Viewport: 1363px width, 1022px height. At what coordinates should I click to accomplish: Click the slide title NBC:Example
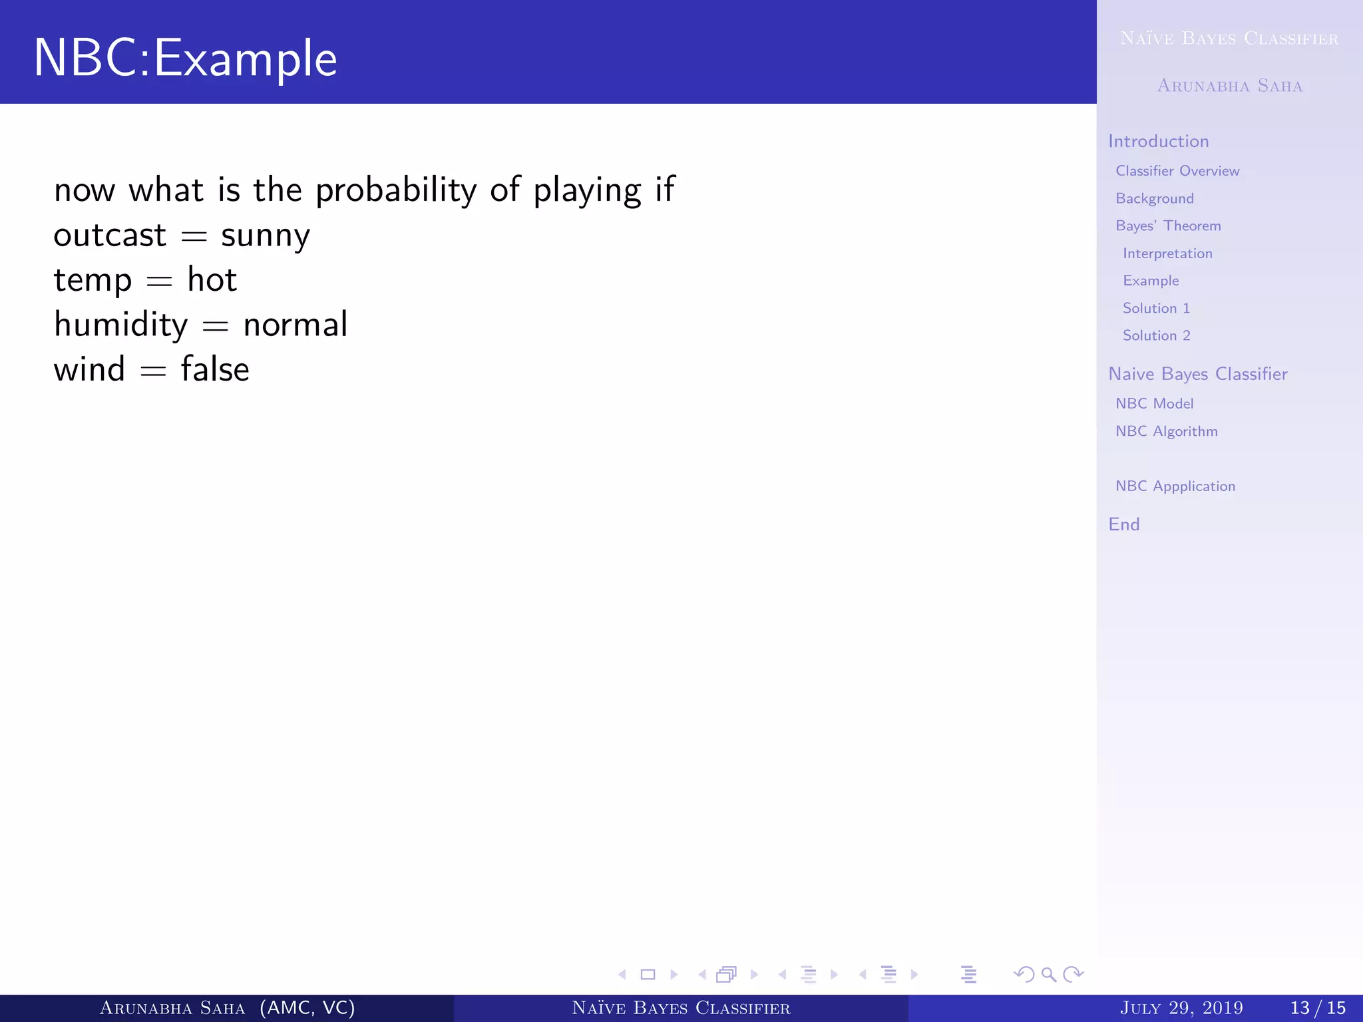coord(185,59)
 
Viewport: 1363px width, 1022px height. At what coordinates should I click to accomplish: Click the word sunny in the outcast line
coord(265,236)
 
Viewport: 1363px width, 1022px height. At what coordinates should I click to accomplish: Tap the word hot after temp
coord(212,279)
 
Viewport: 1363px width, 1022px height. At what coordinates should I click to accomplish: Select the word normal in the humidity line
coord(295,325)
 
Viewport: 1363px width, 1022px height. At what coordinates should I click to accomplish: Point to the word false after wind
coord(215,369)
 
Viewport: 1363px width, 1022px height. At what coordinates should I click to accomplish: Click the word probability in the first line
coord(396,191)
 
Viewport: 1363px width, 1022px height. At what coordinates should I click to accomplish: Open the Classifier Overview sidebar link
coord(1177,171)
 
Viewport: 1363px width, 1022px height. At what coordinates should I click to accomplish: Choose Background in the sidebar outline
coord(1154,199)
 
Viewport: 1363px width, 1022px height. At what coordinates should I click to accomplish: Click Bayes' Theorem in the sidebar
coord(1167,226)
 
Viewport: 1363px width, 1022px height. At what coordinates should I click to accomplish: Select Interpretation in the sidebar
coord(1167,254)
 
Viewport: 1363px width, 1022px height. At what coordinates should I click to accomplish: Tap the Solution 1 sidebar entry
coord(1155,308)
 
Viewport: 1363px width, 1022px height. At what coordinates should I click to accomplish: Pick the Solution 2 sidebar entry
coord(1155,335)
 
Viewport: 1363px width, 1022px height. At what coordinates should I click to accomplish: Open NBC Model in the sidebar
coord(1154,404)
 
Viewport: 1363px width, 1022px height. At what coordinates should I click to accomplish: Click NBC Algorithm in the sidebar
coord(1166,431)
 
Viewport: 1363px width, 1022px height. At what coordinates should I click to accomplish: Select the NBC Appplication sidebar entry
coord(1175,486)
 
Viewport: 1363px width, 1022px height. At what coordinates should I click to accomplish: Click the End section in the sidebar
coord(1123,524)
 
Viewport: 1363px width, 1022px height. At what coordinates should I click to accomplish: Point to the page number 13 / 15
coord(1317,1008)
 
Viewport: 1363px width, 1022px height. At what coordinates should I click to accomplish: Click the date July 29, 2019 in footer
coord(1181,1008)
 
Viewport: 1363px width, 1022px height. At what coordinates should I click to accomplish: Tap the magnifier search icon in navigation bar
coord(1048,975)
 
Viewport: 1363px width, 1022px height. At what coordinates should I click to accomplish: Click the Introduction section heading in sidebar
coord(1158,141)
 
